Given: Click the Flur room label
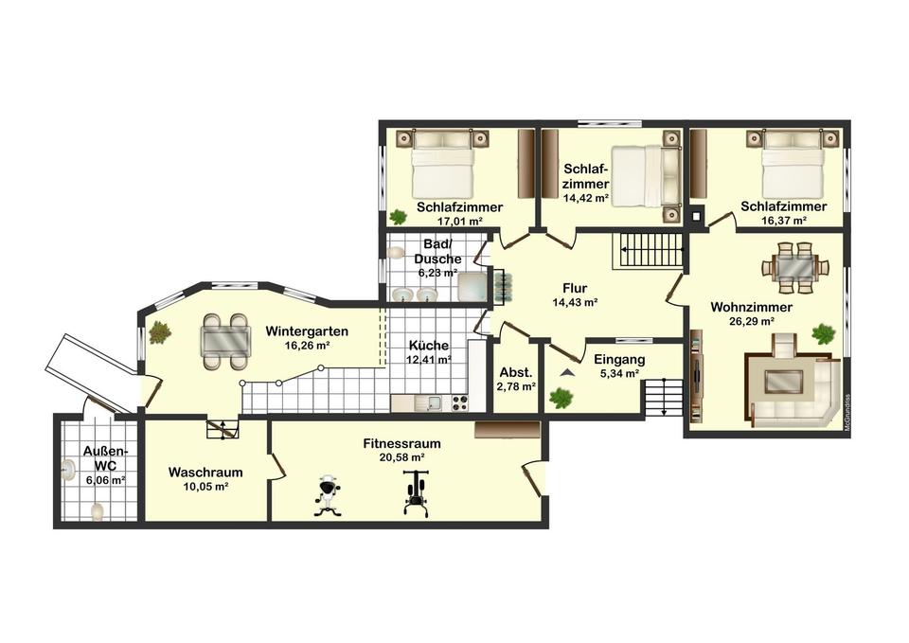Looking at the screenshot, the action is coord(575,288).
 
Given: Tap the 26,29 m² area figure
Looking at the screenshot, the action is coord(752,321).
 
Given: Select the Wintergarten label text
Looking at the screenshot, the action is coord(307,331).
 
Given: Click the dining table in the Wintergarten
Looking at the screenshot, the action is coord(226,341).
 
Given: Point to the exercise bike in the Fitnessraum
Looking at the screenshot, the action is coord(328,494).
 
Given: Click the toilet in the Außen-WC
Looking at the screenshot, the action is coord(97,511).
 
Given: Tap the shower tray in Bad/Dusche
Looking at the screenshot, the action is coord(471,287).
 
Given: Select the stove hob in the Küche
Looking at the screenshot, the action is coord(458,402).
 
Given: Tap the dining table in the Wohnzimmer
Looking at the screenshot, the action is coord(794,268).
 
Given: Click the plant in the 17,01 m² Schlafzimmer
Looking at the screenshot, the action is coord(398,217).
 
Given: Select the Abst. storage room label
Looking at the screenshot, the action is coord(515,373).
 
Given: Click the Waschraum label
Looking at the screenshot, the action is coord(205,473).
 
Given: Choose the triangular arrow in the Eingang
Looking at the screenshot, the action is coord(566,373).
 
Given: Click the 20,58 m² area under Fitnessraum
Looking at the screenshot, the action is coord(401,457).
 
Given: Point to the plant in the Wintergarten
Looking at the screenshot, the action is coord(159,332).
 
